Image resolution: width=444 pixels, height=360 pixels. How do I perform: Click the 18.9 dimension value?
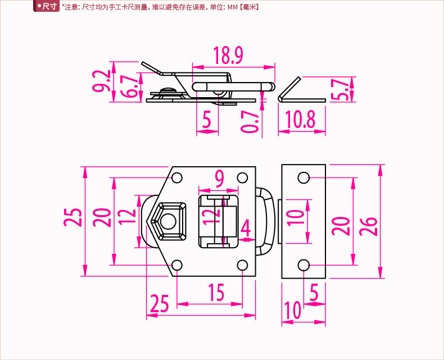coord(228,56)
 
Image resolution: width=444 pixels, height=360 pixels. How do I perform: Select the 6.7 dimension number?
coord(130,86)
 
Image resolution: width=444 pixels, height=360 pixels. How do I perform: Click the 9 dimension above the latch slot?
coord(219,179)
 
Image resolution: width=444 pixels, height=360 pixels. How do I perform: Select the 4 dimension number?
coord(246,229)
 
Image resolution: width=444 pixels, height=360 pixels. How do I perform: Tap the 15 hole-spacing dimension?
coord(216,293)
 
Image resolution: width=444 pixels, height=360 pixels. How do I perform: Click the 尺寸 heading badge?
coord(47,7)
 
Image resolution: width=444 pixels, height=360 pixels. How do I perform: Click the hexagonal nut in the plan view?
coord(168,221)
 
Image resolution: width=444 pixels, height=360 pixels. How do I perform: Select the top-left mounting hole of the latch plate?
coord(177,178)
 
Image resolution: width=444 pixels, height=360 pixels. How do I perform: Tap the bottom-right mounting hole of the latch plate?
coord(242,265)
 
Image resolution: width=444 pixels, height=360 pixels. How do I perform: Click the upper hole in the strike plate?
coord(303,178)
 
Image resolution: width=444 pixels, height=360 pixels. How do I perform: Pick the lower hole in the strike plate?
coord(303,265)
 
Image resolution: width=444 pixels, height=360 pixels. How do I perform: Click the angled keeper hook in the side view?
coord(288,89)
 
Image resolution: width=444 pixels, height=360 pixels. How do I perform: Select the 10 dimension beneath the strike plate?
coord(292,310)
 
